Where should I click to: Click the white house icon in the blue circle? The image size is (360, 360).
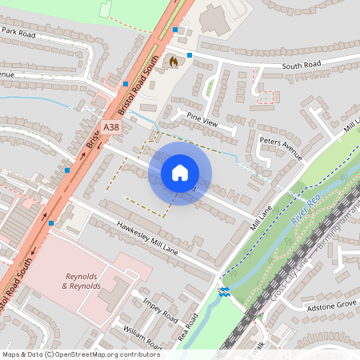point(180,172)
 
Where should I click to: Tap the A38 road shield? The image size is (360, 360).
point(113,126)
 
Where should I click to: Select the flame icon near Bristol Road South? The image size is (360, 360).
point(172,61)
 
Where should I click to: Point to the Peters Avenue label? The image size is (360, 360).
point(281,148)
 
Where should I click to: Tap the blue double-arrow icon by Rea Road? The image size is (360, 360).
point(225,290)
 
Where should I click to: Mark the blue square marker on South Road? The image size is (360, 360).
point(190,55)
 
